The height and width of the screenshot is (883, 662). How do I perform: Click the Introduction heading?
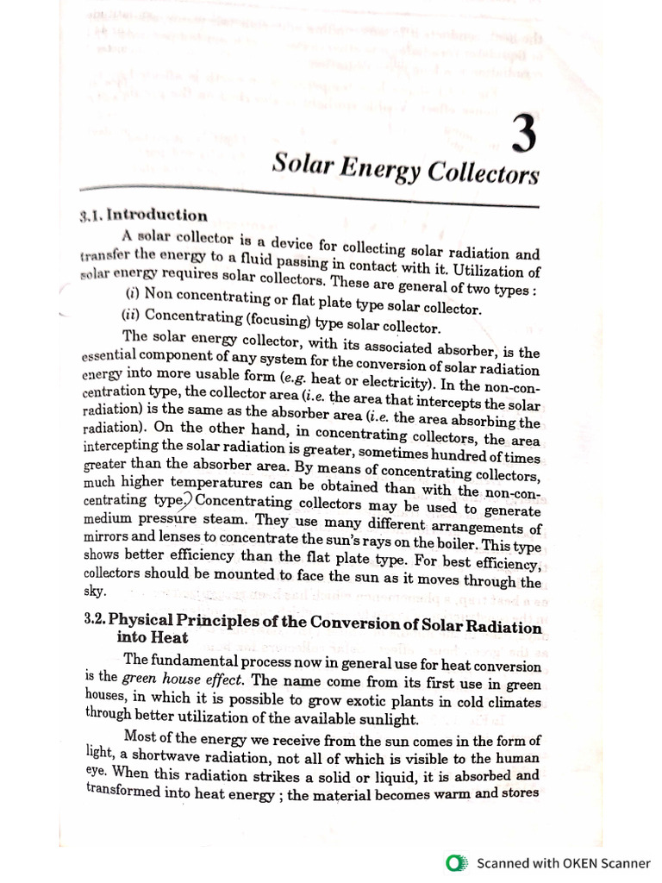point(159,216)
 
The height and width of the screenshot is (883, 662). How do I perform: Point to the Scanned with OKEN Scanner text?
point(564,863)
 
